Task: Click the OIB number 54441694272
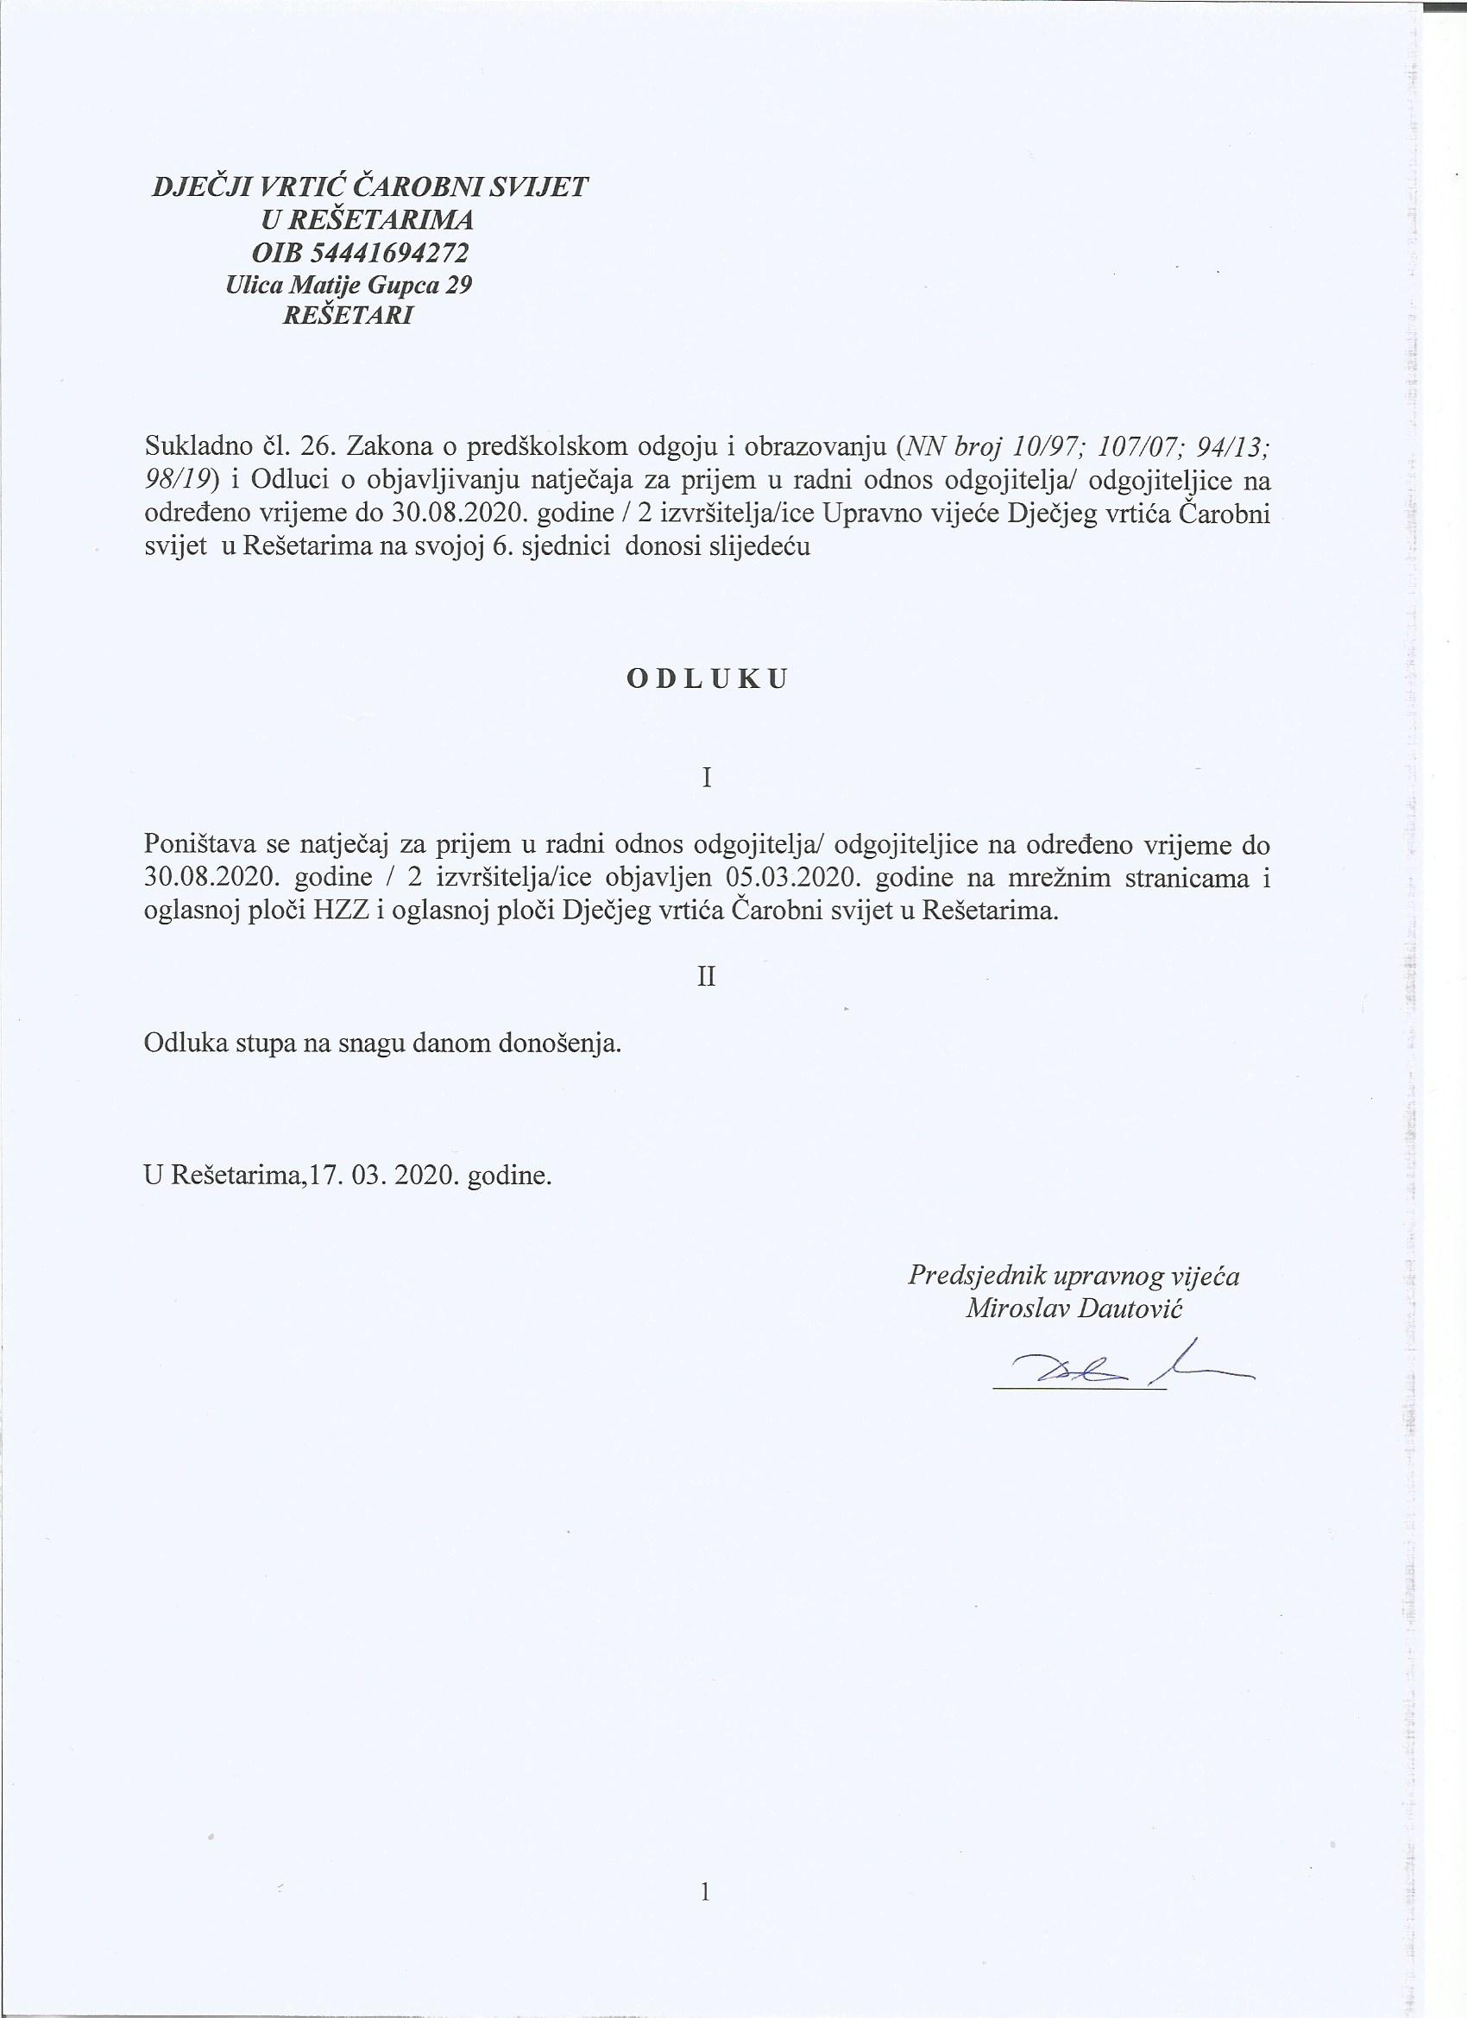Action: coord(361,253)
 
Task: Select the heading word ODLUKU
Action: coord(708,679)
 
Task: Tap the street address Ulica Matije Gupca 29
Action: coord(349,285)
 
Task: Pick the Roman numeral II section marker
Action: coord(707,977)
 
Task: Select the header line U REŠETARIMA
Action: coord(367,221)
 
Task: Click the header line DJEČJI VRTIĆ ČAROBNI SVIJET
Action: coord(371,188)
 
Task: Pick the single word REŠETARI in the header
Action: coord(347,317)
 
